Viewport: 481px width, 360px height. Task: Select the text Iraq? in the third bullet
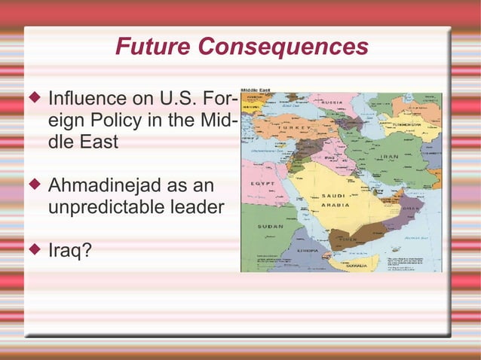pos(70,249)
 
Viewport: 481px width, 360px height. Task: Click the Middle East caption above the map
pos(257,89)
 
